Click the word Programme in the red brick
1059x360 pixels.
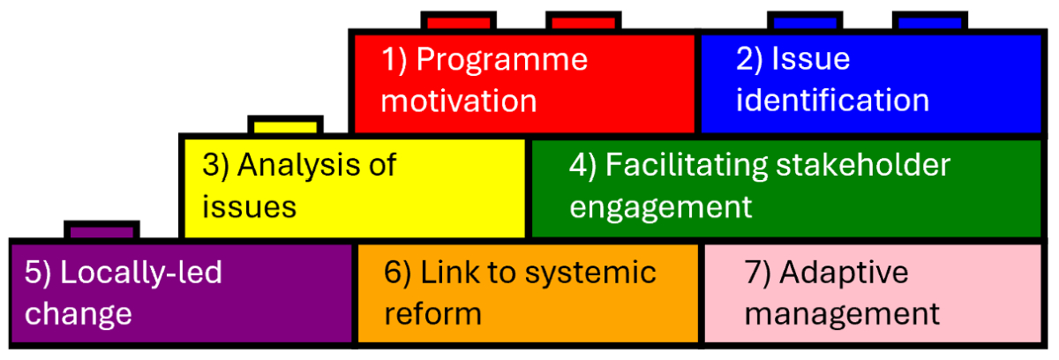pos(501,60)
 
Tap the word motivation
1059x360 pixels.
pos(459,101)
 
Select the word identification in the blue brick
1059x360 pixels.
pos(832,101)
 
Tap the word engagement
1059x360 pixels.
pos(661,207)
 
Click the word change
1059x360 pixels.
pos(79,314)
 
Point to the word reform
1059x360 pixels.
pos(432,314)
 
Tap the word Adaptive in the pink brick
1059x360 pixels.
pos(845,273)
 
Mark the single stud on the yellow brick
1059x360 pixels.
pos(285,125)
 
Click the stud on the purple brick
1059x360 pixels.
pos(102,230)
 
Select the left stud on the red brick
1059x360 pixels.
pos(457,21)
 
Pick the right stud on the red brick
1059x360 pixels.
pos(582,21)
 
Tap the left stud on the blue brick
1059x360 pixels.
pos(804,21)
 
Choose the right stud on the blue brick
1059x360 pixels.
pos(929,21)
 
